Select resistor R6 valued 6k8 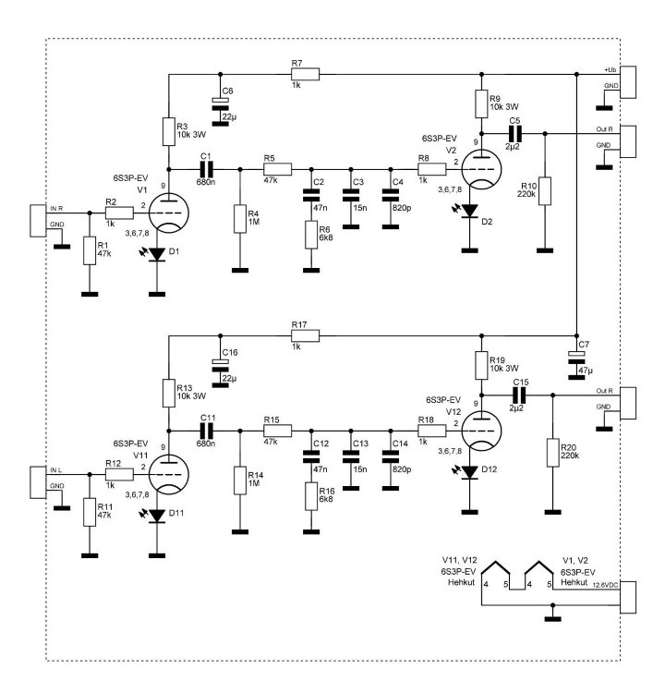tap(311, 235)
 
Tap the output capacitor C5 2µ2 tap(514, 133)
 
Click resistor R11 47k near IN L tap(89, 512)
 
